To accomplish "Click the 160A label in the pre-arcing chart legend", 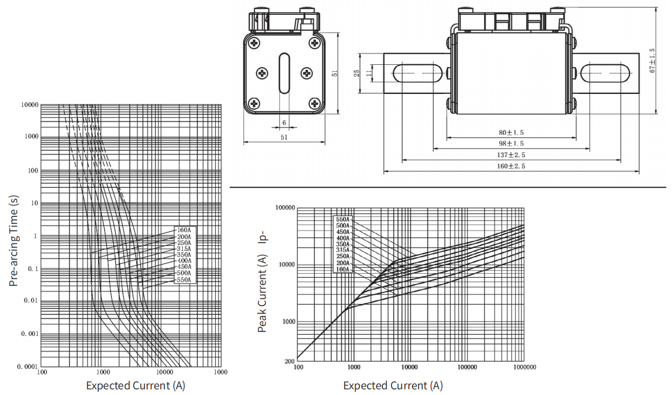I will (184, 230).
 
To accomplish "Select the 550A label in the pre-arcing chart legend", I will (184, 280).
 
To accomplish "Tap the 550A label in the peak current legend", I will (344, 219).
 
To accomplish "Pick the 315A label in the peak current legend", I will (344, 250).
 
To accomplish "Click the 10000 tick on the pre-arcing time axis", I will (30, 105).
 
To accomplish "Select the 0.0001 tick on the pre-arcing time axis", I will (28, 367).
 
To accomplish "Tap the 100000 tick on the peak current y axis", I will (285, 208).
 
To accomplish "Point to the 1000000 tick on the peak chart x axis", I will (523, 368).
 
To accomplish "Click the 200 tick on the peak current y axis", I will (289, 361).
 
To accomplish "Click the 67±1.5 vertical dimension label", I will (653, 60).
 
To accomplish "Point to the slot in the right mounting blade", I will (605, 73).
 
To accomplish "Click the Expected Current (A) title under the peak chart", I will (393, 385).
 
